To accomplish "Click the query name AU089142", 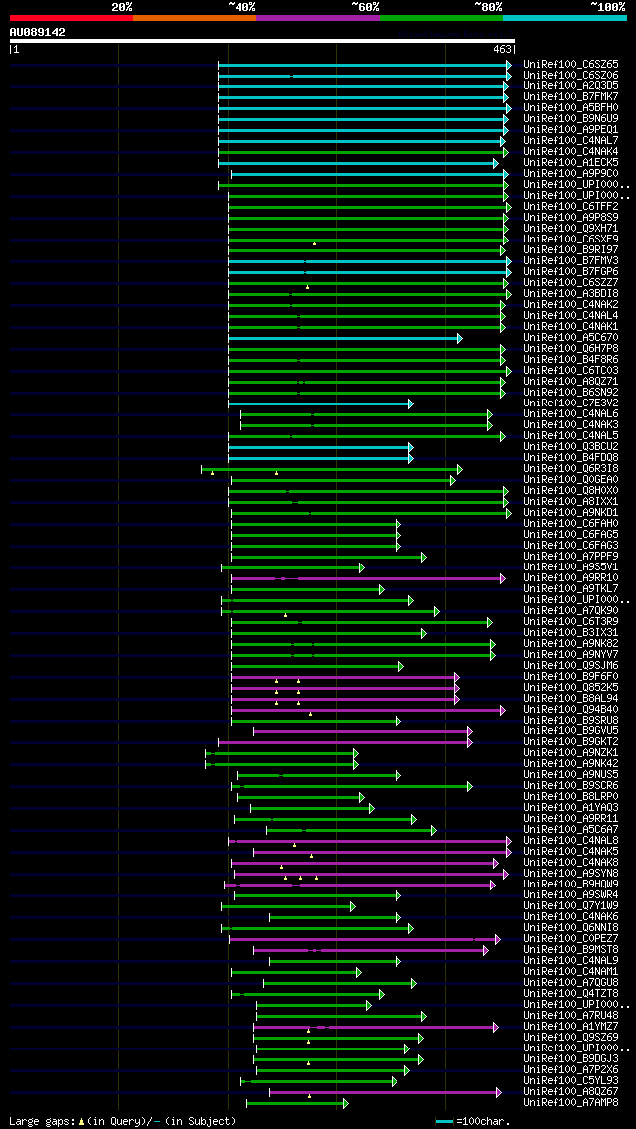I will coord(37,32).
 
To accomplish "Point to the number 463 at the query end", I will coord(501,48).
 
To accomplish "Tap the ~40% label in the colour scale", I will coord(241,6).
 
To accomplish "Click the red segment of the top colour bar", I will coord(71,17).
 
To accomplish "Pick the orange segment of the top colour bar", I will coord(194,17).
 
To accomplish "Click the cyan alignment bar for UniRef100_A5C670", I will coord(343,338).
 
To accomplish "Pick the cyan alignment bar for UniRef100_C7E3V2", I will coord(318,403).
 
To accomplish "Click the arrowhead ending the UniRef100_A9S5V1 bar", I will coord(362,567).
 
